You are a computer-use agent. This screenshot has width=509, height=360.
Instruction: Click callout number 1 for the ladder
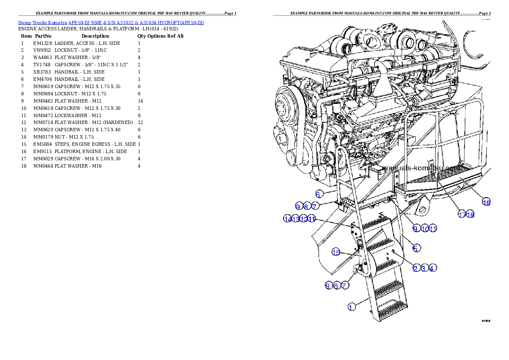click(x=351, y=307)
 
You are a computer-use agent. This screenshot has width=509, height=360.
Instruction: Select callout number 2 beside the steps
click(x=415, y=268)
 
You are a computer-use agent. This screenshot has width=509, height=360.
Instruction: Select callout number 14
click(x=287, y=218)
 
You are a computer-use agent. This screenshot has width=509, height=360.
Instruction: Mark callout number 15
click(x=336, y=252)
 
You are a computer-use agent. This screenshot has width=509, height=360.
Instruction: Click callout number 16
click(x=486, y=202)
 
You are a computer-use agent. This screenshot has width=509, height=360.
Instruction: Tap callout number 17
click(x=462, y=215)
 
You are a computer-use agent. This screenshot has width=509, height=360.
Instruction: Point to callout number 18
click(x=470, y=215)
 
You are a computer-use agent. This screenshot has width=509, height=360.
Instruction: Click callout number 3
click(x=423, y=268)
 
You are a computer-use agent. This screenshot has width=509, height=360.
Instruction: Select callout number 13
click(x=295, y=218)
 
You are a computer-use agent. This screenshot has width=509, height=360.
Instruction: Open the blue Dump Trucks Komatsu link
click(x=111, y=22)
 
